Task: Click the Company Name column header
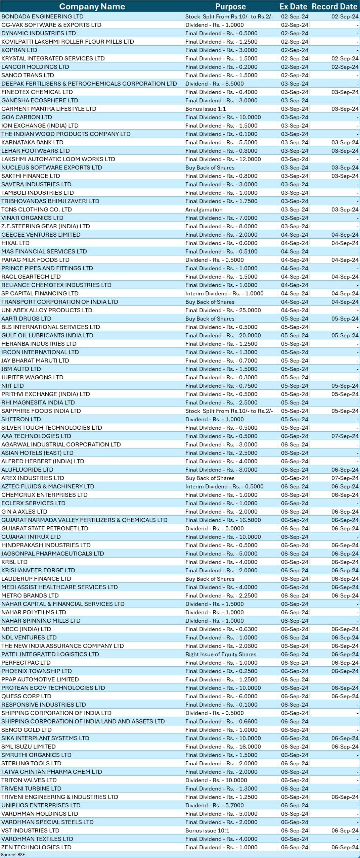(x=92, y=7)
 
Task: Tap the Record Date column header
(x=334, y=7)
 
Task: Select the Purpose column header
(x=230, y=7)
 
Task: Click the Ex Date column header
(x=293, y=7)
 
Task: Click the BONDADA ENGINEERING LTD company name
(x=42, y=16)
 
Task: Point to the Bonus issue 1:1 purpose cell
(x=206, y=109)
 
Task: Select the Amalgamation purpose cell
(x=204, y=209)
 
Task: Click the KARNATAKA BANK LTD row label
(x=32, y=142)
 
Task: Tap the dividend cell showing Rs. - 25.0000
(x=223, y=310)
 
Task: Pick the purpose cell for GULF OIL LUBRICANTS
(x=223, y=335)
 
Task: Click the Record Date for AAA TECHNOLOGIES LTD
(x=345, y=436)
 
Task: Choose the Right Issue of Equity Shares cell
(x=221, y=654)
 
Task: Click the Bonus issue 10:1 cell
(x=207, y=830)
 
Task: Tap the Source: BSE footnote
(x=13, y=855)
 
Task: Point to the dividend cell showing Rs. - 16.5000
(x=223, y=520)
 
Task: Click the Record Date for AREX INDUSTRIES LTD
(x=345, y=478)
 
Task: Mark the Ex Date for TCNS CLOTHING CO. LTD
(x=295, y=209)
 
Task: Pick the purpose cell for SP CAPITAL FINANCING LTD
(x=224, y=293)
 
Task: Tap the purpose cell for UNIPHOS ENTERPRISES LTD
(x=215, y=805)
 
